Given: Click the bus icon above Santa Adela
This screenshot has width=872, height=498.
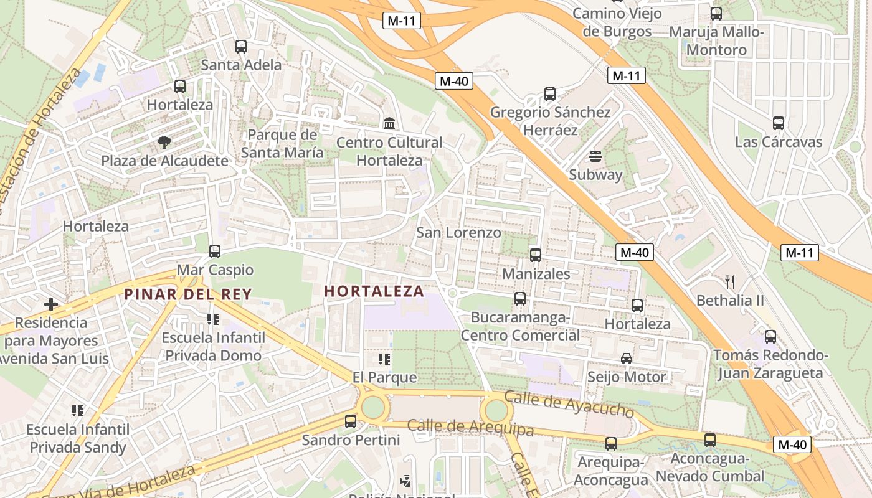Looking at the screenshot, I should coord(241,47).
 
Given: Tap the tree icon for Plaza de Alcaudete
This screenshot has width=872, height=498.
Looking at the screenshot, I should coord(164,143).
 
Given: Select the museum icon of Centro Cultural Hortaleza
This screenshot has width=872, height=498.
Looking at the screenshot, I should coord(390,124).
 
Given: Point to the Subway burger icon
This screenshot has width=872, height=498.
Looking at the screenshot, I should coord(595,156).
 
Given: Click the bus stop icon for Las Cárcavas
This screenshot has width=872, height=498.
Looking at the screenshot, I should coord(779,123).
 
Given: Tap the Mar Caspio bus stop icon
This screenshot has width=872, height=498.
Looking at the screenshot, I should coord(215,251).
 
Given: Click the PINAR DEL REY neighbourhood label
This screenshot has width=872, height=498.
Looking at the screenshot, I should coord(187,294).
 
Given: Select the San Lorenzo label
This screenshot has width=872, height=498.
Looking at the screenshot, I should coord(458,233).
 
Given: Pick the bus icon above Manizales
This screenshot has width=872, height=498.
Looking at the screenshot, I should coord(536,255).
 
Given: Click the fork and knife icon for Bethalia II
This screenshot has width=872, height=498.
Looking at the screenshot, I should coord(730,282).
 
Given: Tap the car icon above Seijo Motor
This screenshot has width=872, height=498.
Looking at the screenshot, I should coord(627,359).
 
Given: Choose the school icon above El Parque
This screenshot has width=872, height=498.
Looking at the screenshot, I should coord(384,359).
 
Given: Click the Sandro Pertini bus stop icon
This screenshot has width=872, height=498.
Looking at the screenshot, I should coord(351,421).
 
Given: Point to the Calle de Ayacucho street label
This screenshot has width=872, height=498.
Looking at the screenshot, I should coord(568,404).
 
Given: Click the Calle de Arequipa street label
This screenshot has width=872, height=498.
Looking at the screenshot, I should coord(470,428).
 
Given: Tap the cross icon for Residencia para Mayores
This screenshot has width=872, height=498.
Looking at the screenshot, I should coord(51,304).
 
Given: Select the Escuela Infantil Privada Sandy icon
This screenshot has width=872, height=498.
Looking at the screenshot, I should coord(78,411).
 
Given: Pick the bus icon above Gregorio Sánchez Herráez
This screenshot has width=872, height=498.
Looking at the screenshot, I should coord(550,94).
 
